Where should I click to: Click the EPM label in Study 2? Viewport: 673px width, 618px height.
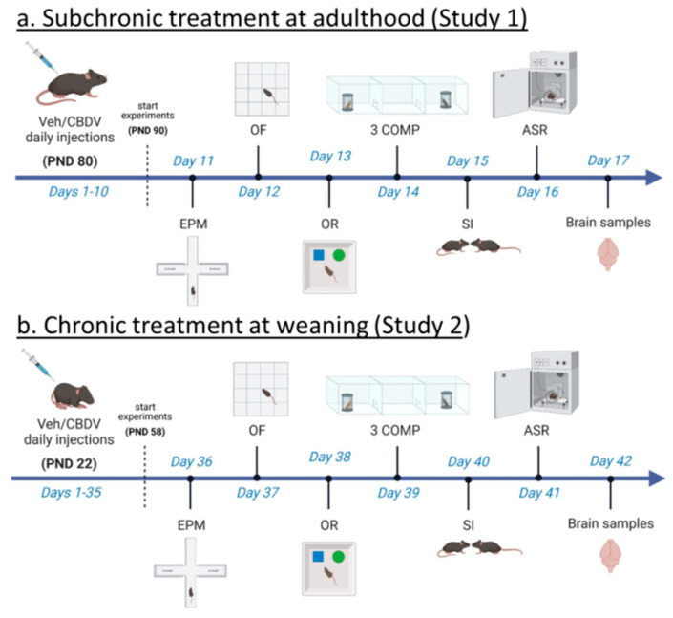click(x=191, y=525)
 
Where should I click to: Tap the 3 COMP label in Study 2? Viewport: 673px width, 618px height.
click(x=396, y=431)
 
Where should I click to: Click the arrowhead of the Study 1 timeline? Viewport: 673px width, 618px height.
click(x=653, y=177)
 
